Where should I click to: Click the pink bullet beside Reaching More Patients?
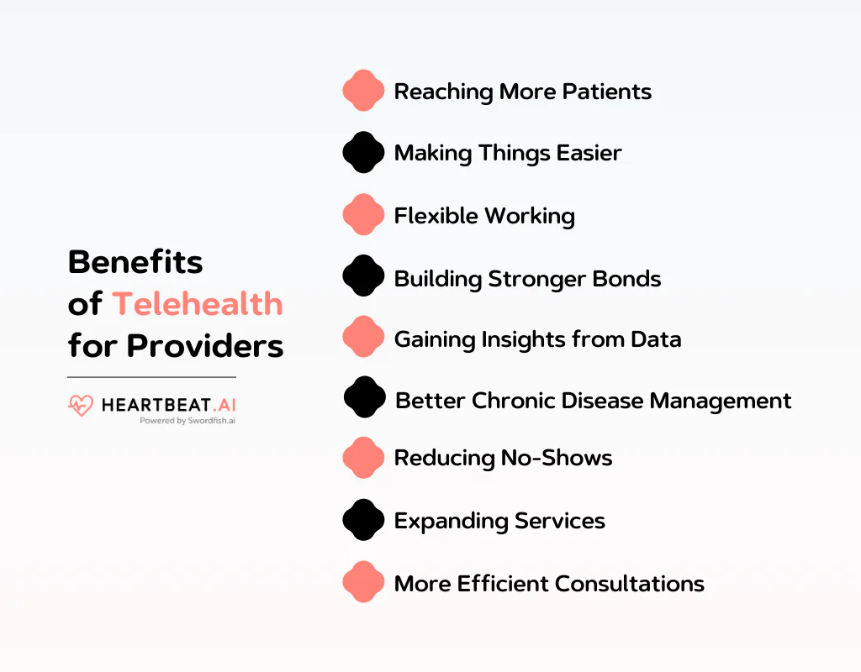point(363,91)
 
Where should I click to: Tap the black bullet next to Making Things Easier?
point(363,153)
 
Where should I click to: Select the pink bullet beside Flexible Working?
point(363,215)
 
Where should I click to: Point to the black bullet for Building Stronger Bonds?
point(363,276)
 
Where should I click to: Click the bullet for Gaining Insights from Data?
point(363,338)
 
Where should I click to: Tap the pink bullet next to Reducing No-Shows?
point(363,458)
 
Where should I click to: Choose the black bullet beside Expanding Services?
point(363,520)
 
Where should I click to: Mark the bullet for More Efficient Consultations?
point(363,582)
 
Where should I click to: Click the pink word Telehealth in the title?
point(198,304)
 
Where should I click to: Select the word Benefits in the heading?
point(135,262)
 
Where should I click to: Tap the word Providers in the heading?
point(205,346)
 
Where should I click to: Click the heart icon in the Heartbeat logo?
point(81,407)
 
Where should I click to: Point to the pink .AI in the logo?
point(221,405)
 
